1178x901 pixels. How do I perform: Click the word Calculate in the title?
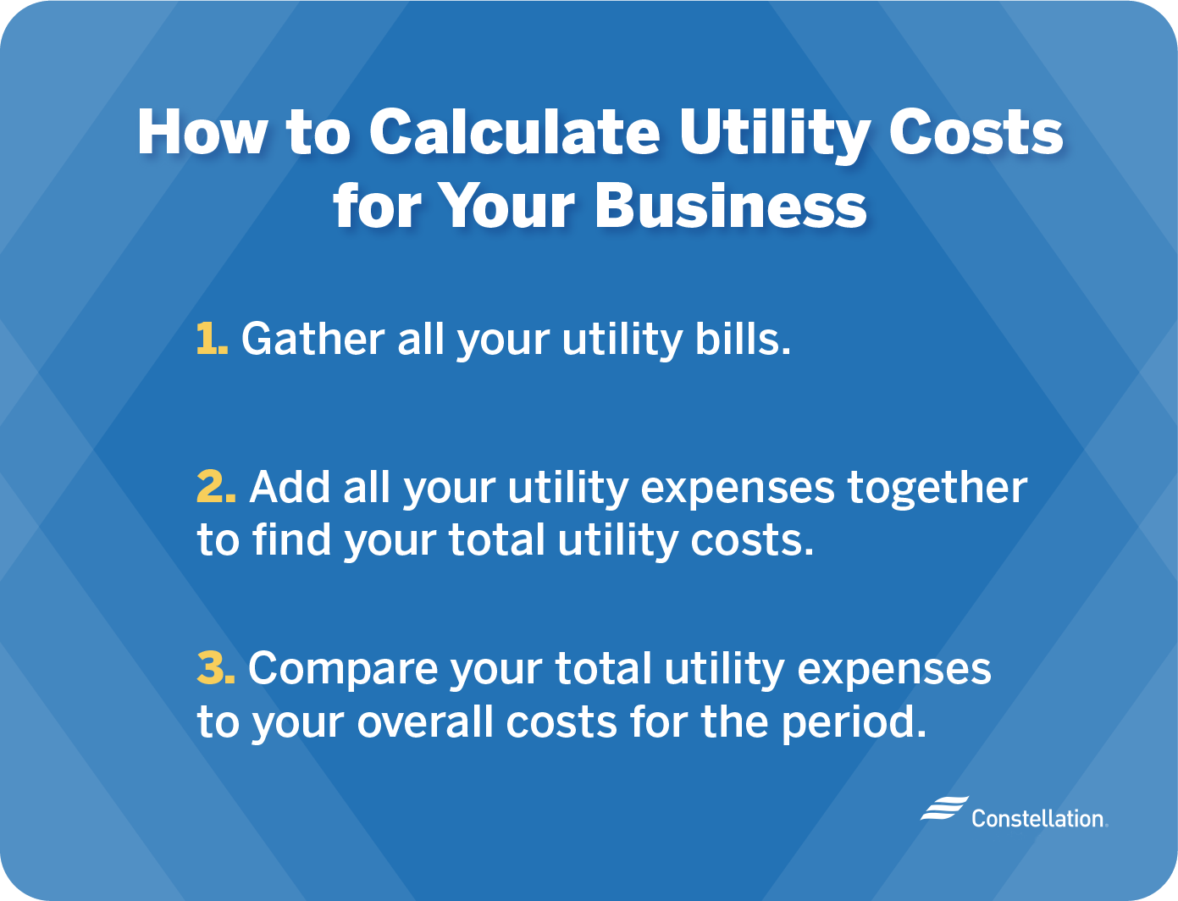515,133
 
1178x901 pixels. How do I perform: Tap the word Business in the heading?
731,206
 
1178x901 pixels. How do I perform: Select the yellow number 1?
210,339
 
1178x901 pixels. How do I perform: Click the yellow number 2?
215,488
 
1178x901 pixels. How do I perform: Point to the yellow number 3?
215,668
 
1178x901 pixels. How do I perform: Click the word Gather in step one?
312,339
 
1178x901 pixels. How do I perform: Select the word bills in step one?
742,339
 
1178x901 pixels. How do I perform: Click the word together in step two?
937,488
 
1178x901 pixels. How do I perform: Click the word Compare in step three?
342,670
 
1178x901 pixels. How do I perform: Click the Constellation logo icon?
943,809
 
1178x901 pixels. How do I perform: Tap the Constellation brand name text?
1038,818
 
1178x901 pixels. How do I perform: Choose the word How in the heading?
202,133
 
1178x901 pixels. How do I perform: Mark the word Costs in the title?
976,133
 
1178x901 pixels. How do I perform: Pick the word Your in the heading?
506,206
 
